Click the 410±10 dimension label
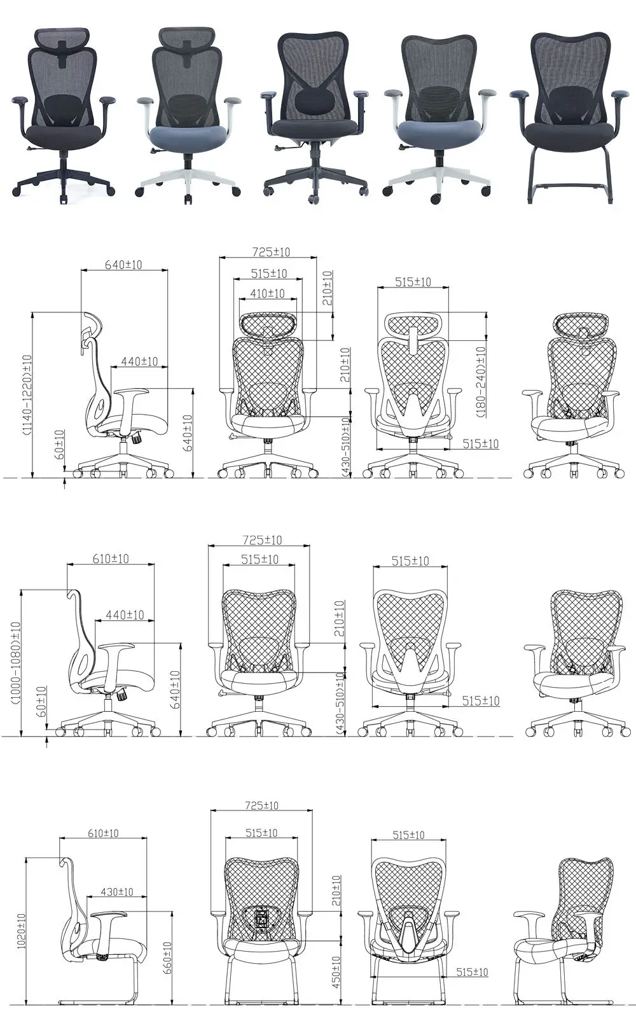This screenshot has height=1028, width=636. tap(267, 294)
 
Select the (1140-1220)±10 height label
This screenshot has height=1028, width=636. tap(27, 394)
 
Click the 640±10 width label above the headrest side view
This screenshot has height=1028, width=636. tap(123, 265)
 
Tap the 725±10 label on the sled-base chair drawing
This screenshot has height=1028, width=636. tap(261, 805)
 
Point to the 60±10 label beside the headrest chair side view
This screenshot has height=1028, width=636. tap(59, 445)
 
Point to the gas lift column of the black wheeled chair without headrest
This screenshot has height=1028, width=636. tap(315, 152)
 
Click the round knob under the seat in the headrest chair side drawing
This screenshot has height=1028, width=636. tap(137, 439)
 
